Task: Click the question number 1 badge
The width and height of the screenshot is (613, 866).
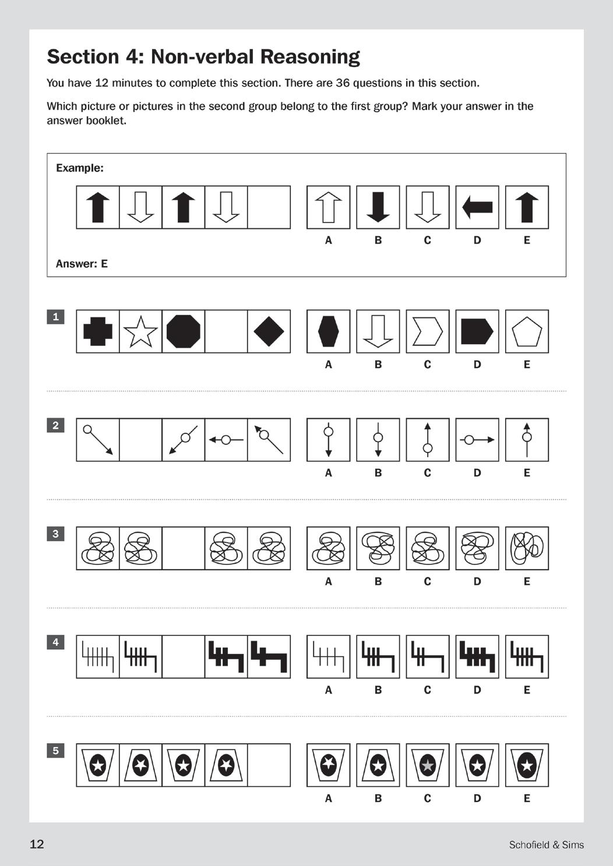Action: pyautogui.click(x=55, y=317)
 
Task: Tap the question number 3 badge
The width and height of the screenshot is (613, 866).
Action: pyautogui.click(x=55, y=533)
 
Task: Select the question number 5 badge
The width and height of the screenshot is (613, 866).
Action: pyautogui.click(x=55, y=751)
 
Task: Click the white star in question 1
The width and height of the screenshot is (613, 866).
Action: pyautogui.click(x=140, y=331)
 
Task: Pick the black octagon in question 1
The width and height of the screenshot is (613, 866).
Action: pyautogui.click(x=184, y=331)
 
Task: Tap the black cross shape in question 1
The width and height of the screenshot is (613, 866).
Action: pyautogui.click(x=98, y=331)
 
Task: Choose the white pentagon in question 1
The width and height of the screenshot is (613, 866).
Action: pyautogui.click(x=527, y=332)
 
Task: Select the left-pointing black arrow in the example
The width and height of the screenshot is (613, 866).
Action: pyautogui.click(x=477, y=207)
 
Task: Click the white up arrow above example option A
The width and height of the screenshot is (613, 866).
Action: pyautogui.click(x=329, y=207)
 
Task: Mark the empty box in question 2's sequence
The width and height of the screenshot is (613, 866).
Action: pyautogui.click(x=140, y=440)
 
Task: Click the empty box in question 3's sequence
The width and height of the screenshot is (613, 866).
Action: pyautogui.click(x=184, y=548)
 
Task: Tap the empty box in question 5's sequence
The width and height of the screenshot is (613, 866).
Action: pyautogui.click(x=269, y=765)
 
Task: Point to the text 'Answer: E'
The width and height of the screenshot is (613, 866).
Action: pyautogui.click(x=82, y=264)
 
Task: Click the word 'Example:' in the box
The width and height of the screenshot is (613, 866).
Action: pyautogui.click(x=80, y=168)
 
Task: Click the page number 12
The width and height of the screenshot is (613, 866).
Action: pyautogui.click(x=37, y=844)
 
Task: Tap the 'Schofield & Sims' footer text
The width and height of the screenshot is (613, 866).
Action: pyautogui.click(x=546, y=844)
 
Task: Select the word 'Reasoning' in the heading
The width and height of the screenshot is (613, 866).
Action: pyautogui.click(x=310, y=57)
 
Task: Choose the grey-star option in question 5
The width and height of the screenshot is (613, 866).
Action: pyautogui.click(x=427, y=765)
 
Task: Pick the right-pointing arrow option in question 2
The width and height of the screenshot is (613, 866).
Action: pyautogui.click(x=477, y=440)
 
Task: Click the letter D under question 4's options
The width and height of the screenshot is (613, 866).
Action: pyautogui.click(x=477, y=690)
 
